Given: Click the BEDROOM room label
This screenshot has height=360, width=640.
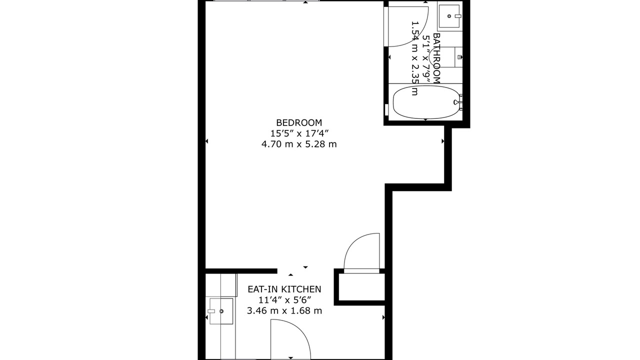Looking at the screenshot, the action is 299,122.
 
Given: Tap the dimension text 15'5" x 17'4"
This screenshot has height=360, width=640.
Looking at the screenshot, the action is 299,133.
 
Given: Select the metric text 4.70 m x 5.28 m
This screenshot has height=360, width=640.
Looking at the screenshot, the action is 299,144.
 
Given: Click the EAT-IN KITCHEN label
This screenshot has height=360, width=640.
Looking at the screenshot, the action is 284,289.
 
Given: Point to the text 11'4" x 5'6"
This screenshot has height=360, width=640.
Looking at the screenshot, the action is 284,300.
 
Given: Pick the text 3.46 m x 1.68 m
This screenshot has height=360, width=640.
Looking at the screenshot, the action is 284,310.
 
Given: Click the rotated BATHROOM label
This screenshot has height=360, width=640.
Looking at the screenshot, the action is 436,58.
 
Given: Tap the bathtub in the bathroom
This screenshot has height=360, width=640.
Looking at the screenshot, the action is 425,102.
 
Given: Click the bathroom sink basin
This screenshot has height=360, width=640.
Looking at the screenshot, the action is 449,16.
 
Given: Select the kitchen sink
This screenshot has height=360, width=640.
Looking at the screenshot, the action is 221,311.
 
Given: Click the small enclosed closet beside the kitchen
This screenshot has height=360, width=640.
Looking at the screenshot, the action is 361,287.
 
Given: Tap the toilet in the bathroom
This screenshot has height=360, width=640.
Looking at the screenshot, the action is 451,57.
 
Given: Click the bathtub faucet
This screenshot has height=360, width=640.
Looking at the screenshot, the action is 458,102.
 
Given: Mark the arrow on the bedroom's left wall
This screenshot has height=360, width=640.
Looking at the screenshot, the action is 206,141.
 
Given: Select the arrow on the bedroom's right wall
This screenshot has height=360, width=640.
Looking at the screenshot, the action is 443,141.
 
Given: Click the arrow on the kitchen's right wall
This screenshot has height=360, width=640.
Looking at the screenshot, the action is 383,317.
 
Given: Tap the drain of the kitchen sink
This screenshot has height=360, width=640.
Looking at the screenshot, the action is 221,311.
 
